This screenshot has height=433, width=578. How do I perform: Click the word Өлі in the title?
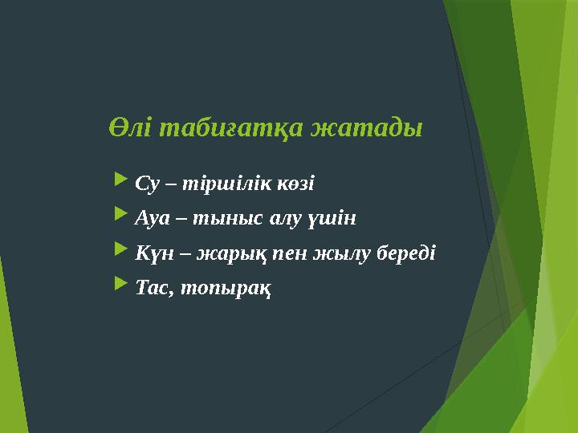131,128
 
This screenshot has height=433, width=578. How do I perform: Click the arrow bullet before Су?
121,181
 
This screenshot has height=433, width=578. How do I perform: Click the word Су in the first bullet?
145,184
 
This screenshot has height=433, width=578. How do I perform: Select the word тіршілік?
218,184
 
